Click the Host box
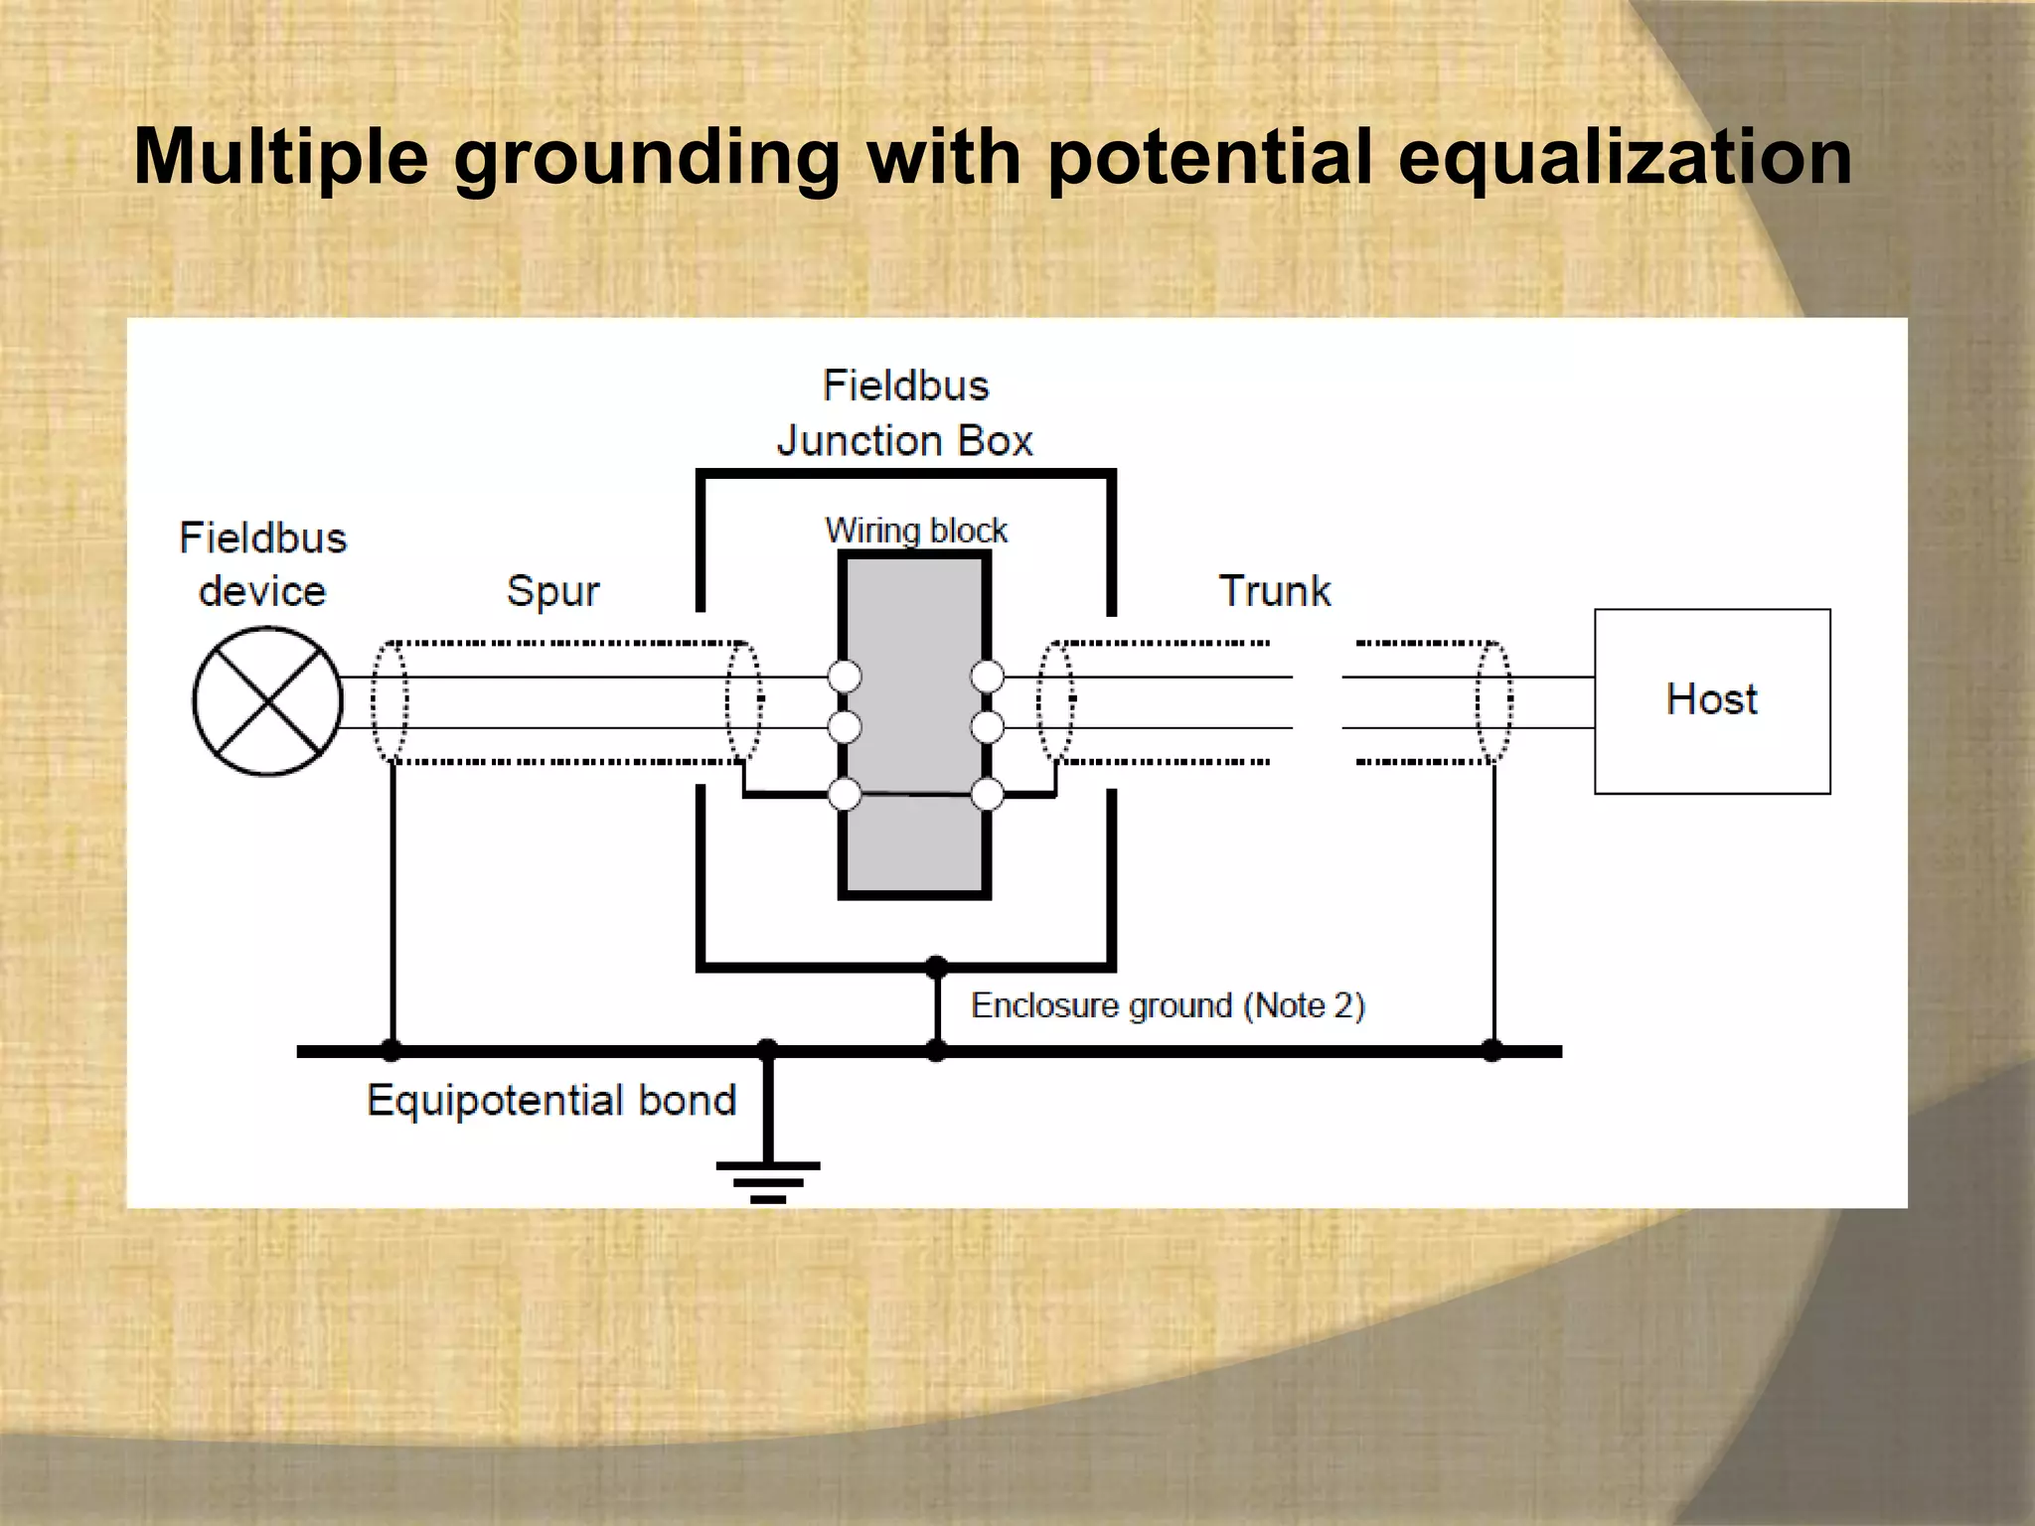click(1712, 700)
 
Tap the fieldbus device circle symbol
click(267, 701)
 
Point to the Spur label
click(552, 591)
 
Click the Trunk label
click(1275, 591)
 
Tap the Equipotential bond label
click(551, 1101)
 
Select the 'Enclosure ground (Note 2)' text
click(1168, 1005)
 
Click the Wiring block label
click(916, 530)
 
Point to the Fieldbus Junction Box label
click(905, 413)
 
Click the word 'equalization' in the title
click(1625, 157)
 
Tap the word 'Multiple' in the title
click(280, 157)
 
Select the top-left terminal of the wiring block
click(845, 677)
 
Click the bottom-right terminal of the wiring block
click(987, 794)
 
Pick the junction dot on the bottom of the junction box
click(936, 966)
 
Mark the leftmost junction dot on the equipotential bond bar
click(392, 1050)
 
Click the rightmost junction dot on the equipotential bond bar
click(1492, 1050)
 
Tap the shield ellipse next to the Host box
click(1493, 701)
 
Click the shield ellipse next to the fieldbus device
click(390, 701)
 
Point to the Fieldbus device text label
click(263, 564)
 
